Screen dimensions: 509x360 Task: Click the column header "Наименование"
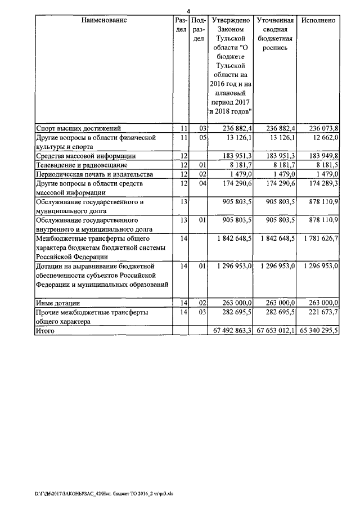(x=103, y=20)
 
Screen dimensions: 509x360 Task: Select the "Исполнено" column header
(x=318, y=20)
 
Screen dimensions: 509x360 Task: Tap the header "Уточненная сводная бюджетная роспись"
(x=274, y=34)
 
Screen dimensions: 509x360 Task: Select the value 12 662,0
(x=323, y=137)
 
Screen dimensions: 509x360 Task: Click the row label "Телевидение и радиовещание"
(x=82, y=165)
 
